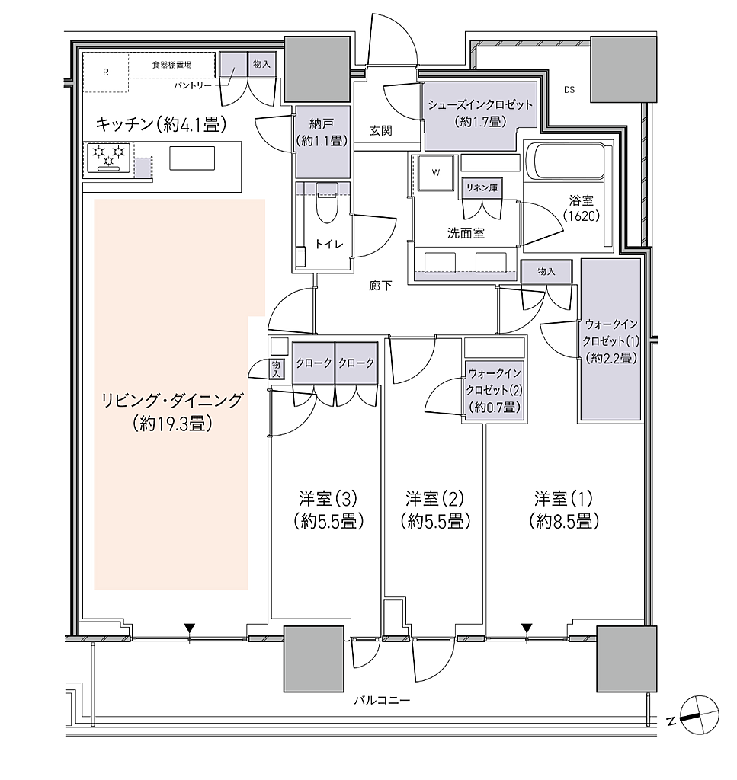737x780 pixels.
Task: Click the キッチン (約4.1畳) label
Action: coord(162,124)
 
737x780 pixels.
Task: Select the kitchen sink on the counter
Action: coord(192,158)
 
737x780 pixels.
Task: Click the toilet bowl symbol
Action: coord(326,203)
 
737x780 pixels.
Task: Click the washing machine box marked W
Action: coord(436,173)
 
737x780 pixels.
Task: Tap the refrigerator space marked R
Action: coord(105,72)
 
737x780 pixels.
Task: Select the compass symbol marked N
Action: coord(699,714)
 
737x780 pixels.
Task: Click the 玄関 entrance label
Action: coord(380,131)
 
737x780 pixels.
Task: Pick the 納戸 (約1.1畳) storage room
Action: coord(322,142)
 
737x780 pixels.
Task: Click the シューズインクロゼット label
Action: coord(480,105)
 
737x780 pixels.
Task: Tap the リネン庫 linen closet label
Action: coord(481,188)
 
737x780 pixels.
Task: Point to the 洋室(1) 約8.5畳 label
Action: coord(564,510)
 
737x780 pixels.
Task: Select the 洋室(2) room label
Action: coord(435,498)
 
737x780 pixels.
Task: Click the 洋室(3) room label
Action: coord(328,498)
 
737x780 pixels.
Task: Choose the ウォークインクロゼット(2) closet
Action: coord(494,392)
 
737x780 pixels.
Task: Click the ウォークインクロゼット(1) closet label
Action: coord(611,342)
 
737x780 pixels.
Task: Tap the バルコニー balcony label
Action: coord(382,701)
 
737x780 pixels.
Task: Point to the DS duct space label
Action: coord(569,90)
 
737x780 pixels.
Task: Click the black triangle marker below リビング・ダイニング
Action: coord(189,628)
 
